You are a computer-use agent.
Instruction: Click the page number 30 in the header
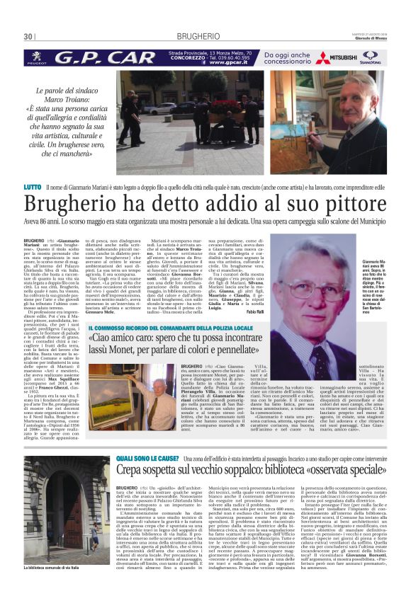click(28, 36)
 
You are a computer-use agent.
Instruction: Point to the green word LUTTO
click(33, 186)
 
